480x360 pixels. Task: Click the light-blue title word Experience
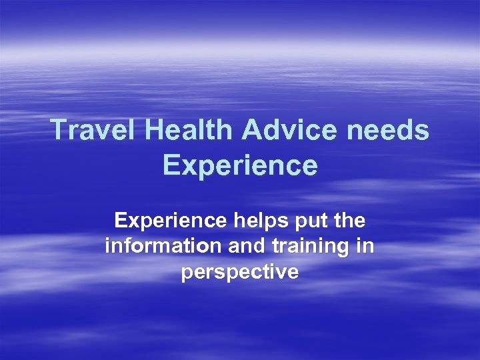pos(239,165)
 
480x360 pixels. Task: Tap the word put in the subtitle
pos(313,221)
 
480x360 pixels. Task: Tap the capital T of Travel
pos(58,130)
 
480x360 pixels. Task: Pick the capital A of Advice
pos(253,130)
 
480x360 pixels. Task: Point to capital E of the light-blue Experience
pos(170,165)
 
